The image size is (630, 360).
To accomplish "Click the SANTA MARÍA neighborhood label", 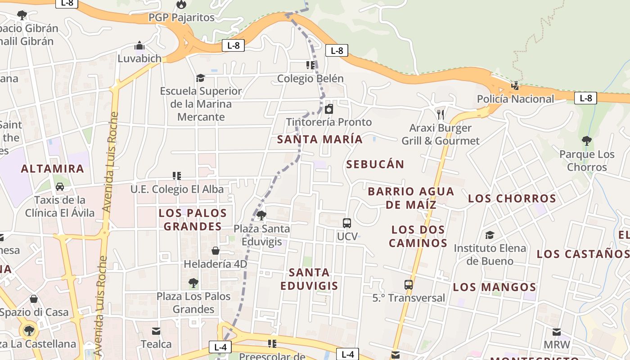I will (319, 139).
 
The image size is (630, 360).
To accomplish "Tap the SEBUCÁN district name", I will (375, 164).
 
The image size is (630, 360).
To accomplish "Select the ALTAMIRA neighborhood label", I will (53, 169).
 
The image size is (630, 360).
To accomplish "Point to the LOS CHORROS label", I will (512, 198).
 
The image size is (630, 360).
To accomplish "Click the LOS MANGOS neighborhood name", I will (494, 287).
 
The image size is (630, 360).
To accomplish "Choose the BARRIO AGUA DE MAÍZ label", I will (410, 198).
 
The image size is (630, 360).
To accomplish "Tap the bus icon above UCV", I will (347, 223).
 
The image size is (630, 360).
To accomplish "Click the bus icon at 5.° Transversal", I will (409, 284).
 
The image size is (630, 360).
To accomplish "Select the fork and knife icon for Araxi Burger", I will (441, 115).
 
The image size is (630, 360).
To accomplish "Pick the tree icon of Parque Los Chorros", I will (586, 141).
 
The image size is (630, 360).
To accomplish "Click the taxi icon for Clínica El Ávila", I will (59, 187).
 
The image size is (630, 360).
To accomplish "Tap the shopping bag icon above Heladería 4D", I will (216, 251).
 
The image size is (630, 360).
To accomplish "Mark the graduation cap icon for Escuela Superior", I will (201, 78).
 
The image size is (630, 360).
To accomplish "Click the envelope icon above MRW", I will (557, 332).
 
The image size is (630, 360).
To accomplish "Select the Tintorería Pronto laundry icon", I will (329, 109).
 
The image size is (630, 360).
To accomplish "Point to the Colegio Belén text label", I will (310, 79).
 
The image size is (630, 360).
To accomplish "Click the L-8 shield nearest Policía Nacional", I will (585, 98).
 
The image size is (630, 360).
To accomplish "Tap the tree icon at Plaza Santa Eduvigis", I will (261, 215).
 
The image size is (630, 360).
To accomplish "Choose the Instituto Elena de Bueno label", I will (490, 254).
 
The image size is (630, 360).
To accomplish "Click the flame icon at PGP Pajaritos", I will (181, 4).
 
